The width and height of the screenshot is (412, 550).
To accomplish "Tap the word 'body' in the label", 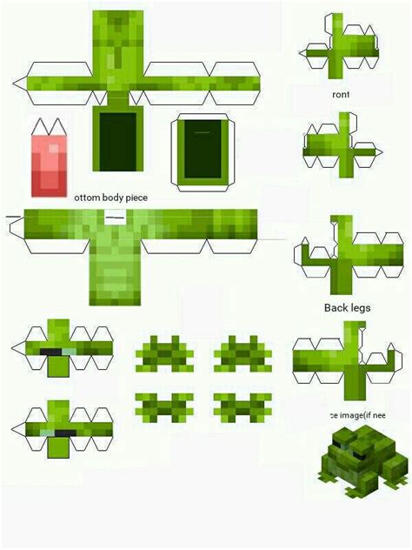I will tap(116, 198).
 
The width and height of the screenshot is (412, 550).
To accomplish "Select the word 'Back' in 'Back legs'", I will tap(336, 308).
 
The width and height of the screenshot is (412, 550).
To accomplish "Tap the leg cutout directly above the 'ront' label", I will tap(342, 50).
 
